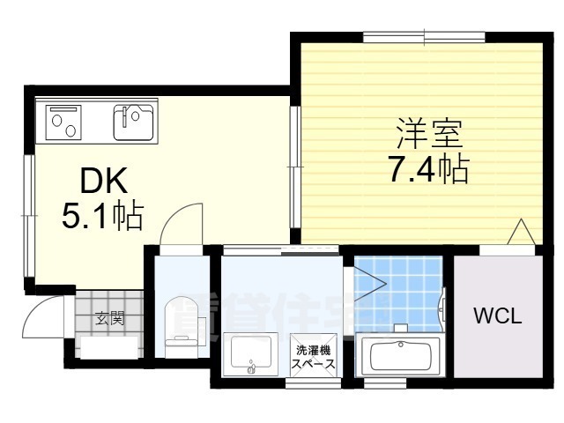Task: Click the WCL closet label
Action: click(498, 315)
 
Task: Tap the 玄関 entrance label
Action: click(110, 318)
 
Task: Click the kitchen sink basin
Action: click(133, 122)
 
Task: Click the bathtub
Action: click(401, 356)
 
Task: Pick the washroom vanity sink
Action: click(252, 354)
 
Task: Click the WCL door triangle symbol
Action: click(522, 232)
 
